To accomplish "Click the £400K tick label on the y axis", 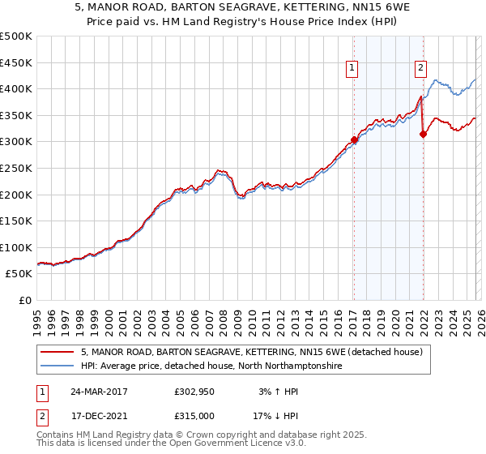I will tap(16, 88).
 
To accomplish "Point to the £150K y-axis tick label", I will tap(16, 221).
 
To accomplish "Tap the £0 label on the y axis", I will tap(24, 300).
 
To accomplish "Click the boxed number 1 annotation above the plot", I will tap(353, 69).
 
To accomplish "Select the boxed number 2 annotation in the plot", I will tap(421, 69).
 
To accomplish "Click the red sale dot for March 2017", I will tap(354, 139).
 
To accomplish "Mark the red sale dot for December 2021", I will tap(423, 134).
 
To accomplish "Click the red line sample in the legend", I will tap(57, 353).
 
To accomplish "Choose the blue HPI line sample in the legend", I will tap(57, 366).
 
